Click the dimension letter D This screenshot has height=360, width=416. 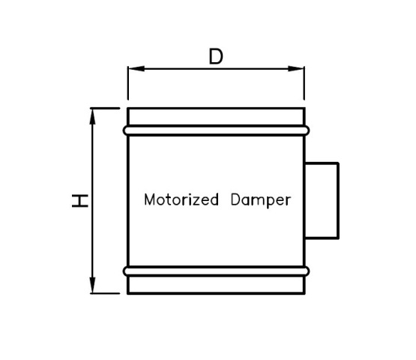click(x=216, y=56)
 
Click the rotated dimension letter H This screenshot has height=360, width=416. click(x=80, y=201)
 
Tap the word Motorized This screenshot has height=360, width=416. click(x=181, y=199)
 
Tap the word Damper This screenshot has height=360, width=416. click(x=261, y=200)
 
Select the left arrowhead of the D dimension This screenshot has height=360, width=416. click(x=136, y=68)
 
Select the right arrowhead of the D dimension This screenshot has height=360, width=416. click(x=296, y=68)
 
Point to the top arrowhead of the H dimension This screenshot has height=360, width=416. click(x=92, y=116)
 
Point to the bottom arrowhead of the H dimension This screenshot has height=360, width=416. click(x=92, y=285)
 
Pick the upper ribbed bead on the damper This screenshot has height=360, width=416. click(x=216, y=130)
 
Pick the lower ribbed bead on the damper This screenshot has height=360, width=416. click(x=216, y=271)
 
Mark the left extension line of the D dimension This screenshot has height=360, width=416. click(x=128, y=83)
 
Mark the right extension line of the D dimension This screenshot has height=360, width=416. click(x=304, y=83)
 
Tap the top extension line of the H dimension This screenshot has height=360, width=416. click(x=105, y=108)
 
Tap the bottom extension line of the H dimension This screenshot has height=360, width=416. click(x=105, y=293)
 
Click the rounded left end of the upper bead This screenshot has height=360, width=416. click(x=124, y=130)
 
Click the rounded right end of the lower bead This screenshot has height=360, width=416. click(x=307, y=271)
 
